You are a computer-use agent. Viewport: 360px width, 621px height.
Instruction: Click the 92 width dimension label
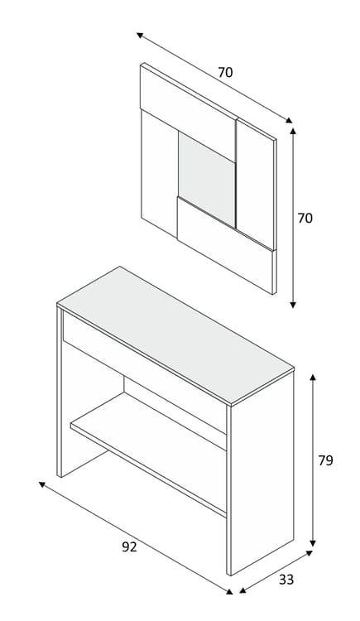pyautogui.click(x=129, y=547)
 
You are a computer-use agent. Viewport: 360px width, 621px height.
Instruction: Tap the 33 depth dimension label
pyautogui.click(x=286, y=580)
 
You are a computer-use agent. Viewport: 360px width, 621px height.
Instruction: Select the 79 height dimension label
pyautogui.click(x=325, y=460)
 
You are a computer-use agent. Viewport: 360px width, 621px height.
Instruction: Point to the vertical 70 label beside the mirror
pyautogui.click(x=305, y=219)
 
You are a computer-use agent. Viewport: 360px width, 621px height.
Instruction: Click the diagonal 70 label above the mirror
pyautogui.click(x=225, y=73)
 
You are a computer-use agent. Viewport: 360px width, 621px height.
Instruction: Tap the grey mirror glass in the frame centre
pyautogui.click(x=207, y=179)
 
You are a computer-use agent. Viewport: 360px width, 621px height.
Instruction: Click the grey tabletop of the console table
pyautogui.click(x=175, y=335)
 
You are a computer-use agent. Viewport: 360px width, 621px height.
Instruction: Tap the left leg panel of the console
pyautogui.click(x=60, y=392)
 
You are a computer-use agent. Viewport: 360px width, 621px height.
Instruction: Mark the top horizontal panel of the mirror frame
pyautogui.click(x=189, y=112)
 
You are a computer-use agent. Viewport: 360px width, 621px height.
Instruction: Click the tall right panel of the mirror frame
pyautogui.click(x=255, y=184)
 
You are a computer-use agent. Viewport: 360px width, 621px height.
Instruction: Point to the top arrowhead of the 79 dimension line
pyautogui.click(x=313, y=377)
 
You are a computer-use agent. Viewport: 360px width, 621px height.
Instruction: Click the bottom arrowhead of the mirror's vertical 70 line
pyautogui.click(x=293, y=305)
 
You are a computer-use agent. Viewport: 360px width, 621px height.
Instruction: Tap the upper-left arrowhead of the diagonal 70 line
pyautogui.click(x=140, y=36)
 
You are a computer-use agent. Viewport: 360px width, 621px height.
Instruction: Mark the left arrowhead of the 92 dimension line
pyautogui.click(x=42, y=484)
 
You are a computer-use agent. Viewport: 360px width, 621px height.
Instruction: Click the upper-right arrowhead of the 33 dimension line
pyautogui.click(x=309, y=553)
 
